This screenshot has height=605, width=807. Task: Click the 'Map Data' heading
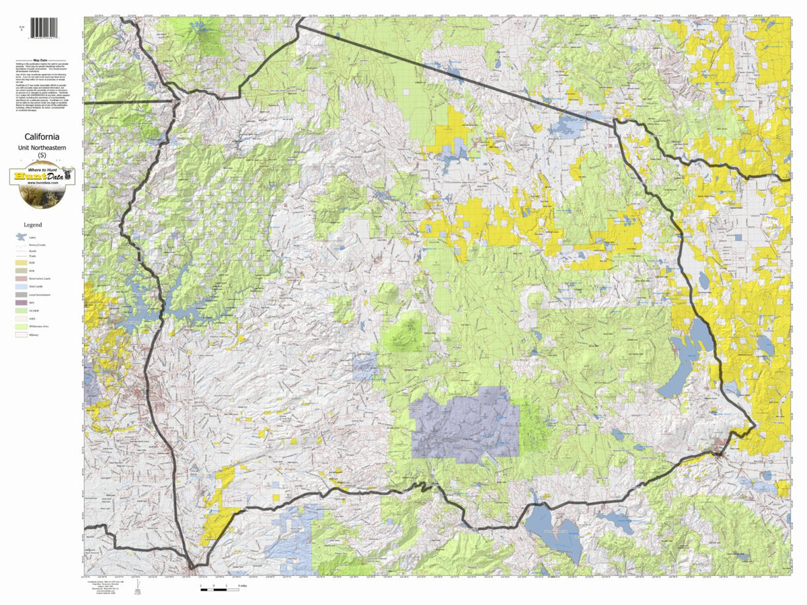coord(42,60)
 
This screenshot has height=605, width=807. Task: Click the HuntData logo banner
coord(42,177)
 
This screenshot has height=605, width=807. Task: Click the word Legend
coord(33,225)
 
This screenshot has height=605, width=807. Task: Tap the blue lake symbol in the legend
coord(21,237)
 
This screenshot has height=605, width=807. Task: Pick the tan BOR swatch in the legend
coord(21,271)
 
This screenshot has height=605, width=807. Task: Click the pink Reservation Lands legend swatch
coord(21,278)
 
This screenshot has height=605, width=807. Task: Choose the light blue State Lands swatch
coord(21,286)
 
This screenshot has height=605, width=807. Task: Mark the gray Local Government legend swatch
coord(21,294)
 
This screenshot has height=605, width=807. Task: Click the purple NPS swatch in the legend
coord(21,302)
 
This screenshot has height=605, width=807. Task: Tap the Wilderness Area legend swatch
coord(21,325)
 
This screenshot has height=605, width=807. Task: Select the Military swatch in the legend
coord(21,333)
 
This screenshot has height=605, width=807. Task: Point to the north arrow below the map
coord(137,589)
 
